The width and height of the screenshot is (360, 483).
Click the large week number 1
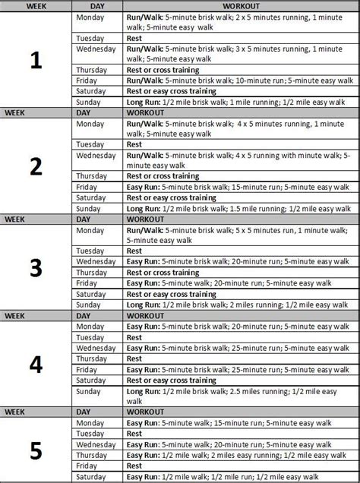[x=35, y=62]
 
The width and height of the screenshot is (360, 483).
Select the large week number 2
[x=35, y=165]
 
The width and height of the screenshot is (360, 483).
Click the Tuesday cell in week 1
[x=91, y=36]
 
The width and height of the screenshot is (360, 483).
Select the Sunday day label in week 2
[x=90, y=208]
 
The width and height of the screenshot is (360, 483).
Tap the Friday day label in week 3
[x=88, y=283]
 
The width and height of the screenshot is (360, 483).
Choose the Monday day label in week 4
[x=90, y=326]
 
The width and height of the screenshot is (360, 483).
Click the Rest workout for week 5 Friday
[x=134, y=465]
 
